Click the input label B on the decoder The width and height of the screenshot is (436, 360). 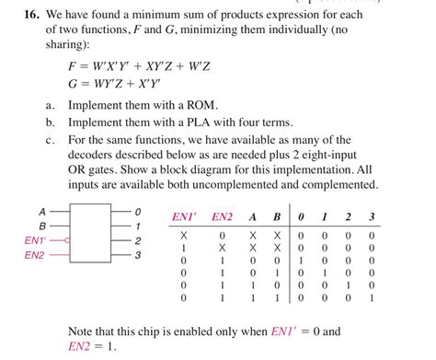click(41, 225)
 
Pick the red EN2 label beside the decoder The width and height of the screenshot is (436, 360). click(36, 255)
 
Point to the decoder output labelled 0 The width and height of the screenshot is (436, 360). click(138, 211)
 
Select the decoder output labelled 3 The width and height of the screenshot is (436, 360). click(138, 255)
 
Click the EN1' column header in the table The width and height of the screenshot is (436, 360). click(184, 216)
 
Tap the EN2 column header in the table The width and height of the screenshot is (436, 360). click(222, 216)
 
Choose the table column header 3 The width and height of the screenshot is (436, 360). click(371, 216)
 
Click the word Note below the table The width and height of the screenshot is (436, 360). click(84, 331)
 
